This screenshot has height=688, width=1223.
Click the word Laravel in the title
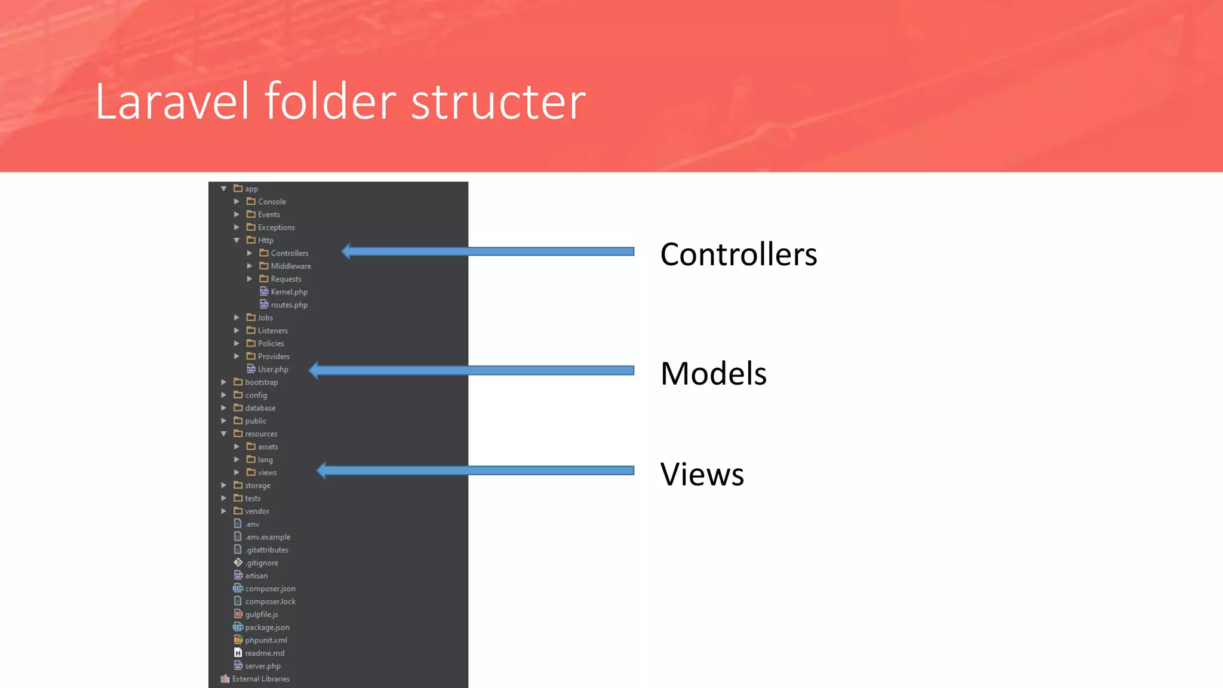[172, 102]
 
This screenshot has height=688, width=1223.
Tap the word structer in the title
[498, 102]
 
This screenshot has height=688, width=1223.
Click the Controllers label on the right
[738, 254]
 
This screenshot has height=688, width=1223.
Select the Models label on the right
[713, 374]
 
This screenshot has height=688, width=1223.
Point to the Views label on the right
[702, 475]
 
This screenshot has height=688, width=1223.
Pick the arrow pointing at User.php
[472, 370]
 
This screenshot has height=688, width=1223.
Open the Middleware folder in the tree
[290, 266]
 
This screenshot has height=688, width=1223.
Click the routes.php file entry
[289, 305]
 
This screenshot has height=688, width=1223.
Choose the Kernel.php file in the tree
[289, 292]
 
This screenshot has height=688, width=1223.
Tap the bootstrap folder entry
[261, 382]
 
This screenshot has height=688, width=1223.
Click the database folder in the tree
[260, 408]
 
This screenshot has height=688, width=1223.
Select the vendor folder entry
[257, 511]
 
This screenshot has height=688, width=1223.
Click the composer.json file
[270, 589]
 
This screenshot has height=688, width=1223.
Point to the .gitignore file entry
[262, 563]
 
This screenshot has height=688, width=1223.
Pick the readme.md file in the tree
[265, 653]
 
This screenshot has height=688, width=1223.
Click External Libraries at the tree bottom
[260, 679]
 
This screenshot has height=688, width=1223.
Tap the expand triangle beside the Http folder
[236, 240]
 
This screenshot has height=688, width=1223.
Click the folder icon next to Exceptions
[251, 227]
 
